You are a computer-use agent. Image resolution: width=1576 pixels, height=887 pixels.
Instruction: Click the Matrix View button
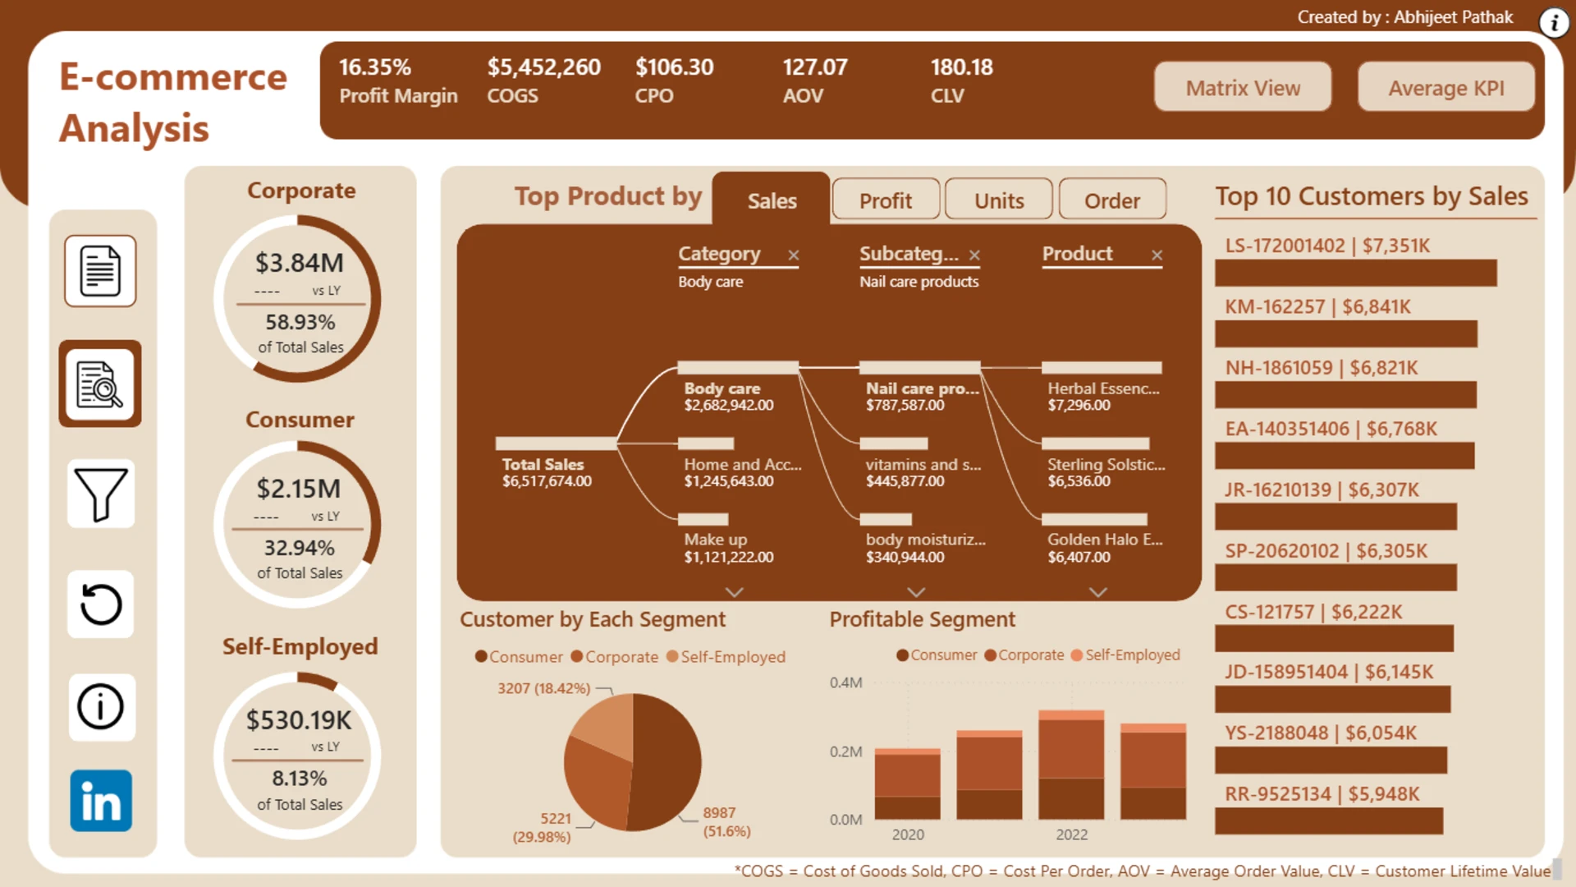(1243, 87)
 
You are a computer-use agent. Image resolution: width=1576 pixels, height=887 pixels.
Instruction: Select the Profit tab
(886, 200)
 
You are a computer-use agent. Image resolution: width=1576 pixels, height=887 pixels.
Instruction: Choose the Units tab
(999, 200)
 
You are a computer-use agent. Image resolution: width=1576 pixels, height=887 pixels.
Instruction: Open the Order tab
(1112, 200)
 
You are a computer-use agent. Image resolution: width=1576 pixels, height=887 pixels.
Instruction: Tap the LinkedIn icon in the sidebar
(101, 801)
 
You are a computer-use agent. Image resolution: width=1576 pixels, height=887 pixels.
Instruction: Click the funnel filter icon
(101, 494)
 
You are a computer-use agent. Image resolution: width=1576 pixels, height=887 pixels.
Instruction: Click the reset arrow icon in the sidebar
(101, 604)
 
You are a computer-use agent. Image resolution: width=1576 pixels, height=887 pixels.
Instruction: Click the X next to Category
(794, 255)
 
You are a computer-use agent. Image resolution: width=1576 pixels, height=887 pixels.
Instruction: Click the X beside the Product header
(1157, 255)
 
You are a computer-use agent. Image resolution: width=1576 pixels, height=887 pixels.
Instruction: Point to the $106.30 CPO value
(674, 67)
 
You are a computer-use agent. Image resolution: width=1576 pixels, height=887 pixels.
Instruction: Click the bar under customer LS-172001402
(1356, 273)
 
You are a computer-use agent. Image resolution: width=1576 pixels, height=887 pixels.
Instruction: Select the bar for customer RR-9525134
(1329, 821)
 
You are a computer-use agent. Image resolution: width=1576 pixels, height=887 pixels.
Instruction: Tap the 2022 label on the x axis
(1071, 834)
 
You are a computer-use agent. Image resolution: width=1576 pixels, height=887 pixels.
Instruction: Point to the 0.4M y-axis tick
(845, 682)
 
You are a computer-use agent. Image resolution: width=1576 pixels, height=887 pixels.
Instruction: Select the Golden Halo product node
(1105, 540)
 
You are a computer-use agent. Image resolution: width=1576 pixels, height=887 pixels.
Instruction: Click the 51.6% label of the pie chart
(726, 831)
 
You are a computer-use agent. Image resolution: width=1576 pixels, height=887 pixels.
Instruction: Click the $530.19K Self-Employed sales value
(299, 720)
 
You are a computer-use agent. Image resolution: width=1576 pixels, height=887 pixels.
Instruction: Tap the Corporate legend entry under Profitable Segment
(1024, 655)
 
